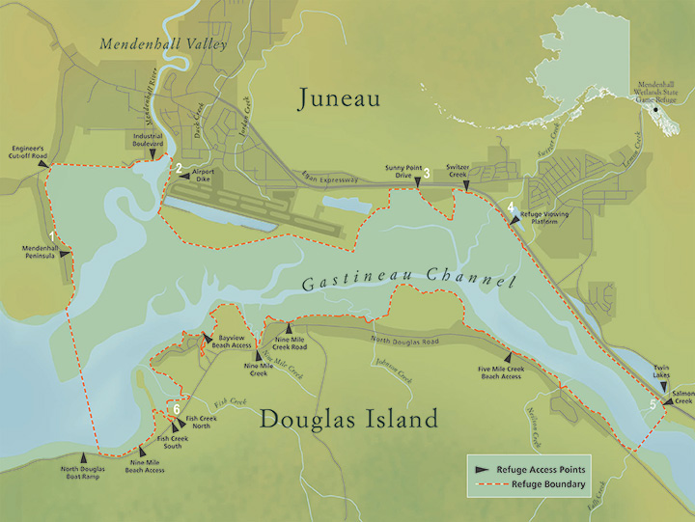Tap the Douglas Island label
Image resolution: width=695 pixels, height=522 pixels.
pos(348,419)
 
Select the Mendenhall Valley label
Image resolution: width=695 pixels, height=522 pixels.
pos(163,44)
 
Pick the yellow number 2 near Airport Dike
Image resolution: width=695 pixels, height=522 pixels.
pos(178,168)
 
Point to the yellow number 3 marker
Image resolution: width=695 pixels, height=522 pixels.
pos(425,174)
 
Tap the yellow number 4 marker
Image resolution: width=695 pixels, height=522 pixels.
pos(510,206)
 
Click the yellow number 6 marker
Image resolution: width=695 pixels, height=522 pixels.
pos(177,409)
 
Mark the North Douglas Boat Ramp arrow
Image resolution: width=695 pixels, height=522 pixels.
pos(85,457)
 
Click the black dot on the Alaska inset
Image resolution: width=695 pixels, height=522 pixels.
pos(657,109)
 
